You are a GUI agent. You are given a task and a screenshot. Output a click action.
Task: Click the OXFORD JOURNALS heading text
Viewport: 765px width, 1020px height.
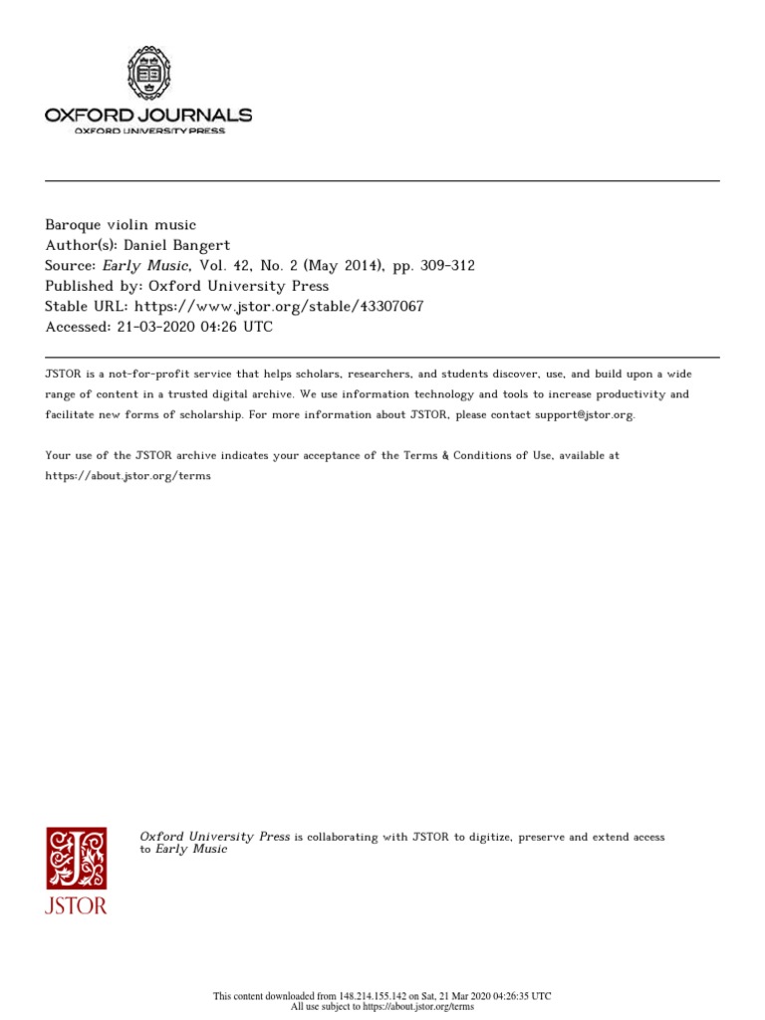coord(148,116)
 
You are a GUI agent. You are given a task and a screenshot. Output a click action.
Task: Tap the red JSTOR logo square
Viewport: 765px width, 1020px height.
coord(76,857)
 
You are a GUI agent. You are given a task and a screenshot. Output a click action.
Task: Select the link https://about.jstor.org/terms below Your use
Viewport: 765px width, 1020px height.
coord(128,476)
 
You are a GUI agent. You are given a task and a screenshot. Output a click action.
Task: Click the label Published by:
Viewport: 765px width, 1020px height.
coord(92,286)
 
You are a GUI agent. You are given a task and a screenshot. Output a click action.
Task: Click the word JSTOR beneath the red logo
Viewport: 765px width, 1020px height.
coord(76,905)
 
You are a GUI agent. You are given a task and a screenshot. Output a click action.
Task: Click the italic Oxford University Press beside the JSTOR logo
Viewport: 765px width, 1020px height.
coord(215,837)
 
